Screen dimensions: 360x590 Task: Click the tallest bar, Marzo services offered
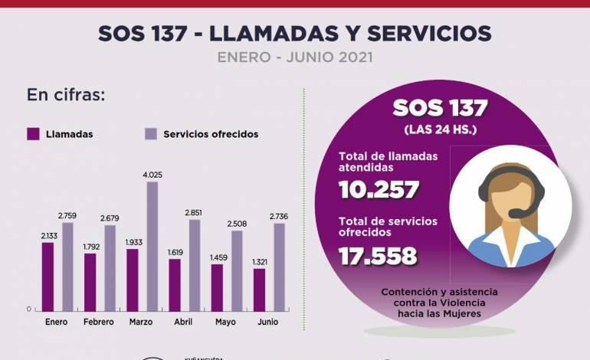click(x=152, y=245)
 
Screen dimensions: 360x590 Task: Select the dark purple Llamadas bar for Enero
click(x=48, y=276)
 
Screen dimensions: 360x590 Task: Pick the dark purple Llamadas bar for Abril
click(x=175, y=284)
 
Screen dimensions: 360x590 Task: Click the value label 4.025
click(x=152, y=175)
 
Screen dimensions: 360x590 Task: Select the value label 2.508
click(x=238, y=224)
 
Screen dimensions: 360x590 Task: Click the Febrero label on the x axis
click(x=99, y=322)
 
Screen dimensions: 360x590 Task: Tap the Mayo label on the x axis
click(x=225, y=322)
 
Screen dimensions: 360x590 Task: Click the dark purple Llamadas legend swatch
click(x=33, y=134)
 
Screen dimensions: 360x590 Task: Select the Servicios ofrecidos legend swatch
click(x=151, y=134)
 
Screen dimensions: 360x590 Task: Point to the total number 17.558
click(x=379, y=256)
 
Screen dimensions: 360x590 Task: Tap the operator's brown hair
click(x=510, y=172)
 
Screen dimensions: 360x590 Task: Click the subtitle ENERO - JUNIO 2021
click(x=295, y=57)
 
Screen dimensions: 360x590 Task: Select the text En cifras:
click(x=66, y=95)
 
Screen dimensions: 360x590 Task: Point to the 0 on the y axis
click(x=29, y=309)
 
